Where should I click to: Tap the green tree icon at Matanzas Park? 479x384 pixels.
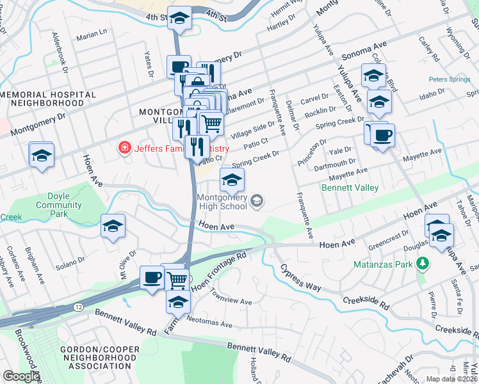[422, 263]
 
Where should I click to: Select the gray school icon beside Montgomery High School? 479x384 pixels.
[257, 202]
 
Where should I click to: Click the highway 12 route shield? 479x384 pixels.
[79, 307]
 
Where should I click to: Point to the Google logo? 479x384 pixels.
[20, 377]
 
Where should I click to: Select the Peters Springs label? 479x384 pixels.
[450, 80]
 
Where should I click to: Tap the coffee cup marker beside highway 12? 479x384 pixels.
[152, 278]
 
